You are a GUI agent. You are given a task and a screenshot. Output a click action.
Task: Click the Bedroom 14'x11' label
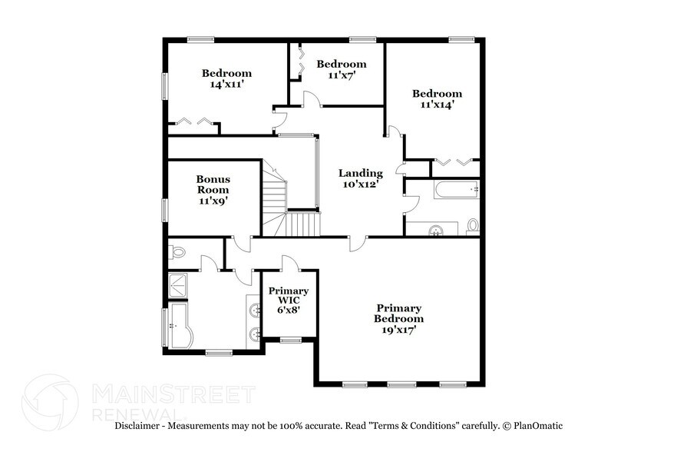[226, 78]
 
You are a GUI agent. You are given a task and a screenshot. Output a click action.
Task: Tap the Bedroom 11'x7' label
[342, 69]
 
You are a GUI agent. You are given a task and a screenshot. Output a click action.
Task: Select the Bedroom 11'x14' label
[438, 99]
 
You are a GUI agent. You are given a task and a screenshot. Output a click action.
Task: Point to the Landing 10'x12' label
[361, 178]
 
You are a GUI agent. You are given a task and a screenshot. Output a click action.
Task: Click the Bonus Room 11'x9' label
[213, 189]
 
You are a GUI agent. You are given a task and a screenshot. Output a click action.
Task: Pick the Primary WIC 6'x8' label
[289, 300]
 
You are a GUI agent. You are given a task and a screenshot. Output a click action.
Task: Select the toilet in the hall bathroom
[472, 225]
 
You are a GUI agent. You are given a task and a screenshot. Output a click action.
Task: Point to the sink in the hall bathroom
[437, 229]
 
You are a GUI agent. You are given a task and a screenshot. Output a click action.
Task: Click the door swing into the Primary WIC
[290, 263]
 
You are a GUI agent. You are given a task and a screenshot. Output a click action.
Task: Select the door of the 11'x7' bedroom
[311, 98]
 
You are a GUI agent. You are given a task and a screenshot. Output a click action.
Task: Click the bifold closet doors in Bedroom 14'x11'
[193, 121]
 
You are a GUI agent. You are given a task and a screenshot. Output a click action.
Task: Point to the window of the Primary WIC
[289, 340]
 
